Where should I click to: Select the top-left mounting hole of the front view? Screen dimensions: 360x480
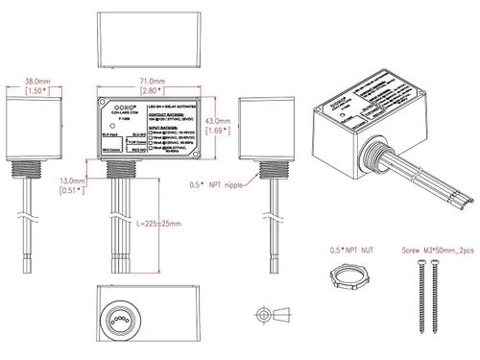coord(101,100)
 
